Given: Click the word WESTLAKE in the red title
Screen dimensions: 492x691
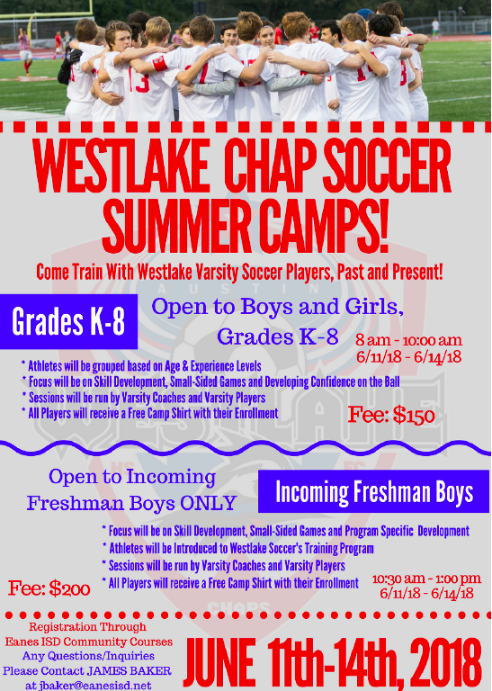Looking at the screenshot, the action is point(121,166).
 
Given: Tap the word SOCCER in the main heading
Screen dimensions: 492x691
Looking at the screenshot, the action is point(389,166).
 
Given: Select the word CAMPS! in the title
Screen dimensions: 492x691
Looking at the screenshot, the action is point(324,226).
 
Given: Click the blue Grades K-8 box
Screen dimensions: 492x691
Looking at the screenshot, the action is point(68,321).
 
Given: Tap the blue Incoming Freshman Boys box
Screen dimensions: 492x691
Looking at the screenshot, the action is point(373,491).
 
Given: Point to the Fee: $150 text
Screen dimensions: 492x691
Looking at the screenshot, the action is point(391,415).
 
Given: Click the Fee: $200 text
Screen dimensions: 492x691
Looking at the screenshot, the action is point(49,588).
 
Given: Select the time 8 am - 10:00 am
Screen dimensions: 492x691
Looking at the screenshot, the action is point(408,340).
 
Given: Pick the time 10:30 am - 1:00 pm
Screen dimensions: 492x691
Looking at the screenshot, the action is point(426,579).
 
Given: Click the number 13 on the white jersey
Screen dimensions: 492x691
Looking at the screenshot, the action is point(139,82).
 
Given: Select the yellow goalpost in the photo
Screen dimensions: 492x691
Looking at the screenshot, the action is point(49,13).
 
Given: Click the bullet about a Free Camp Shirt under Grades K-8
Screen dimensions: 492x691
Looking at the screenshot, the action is point(149,413).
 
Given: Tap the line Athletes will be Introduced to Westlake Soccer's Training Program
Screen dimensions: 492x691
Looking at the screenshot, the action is point(237,548).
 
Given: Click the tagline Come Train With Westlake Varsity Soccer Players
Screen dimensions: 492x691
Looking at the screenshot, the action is point(239,272).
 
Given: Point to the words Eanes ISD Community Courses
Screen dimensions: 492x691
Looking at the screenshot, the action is point(88,642).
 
